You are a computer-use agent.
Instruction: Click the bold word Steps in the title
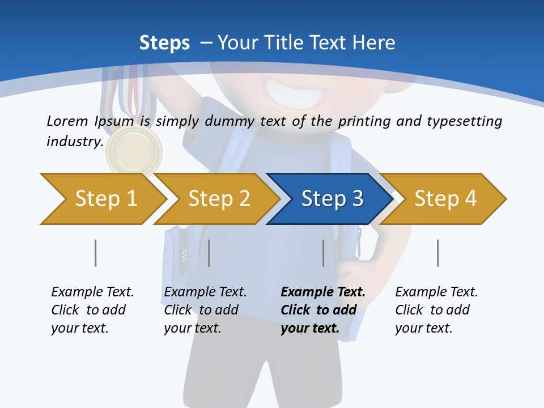pyautogui.click(x=164, y=43)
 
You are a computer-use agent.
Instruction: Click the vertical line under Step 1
pyautogui.click(x=95, y=253)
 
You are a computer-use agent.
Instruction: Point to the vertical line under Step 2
pyautogui.click(x=209, y=253)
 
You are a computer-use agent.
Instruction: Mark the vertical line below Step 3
pyautogui.click(x=324, y=253)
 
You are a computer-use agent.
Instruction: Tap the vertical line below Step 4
pyautogui.click(x=437, y=253)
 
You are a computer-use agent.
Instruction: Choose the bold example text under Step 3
pyautogui.click(x=322, y=310)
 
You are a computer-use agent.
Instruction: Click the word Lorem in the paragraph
pyautogui.click(x=67, y=121)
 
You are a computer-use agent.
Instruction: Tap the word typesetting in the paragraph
pyautogui.click(x=464, y=121)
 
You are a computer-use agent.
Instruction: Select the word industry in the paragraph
pyautogui.click(x=74, y=142)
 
